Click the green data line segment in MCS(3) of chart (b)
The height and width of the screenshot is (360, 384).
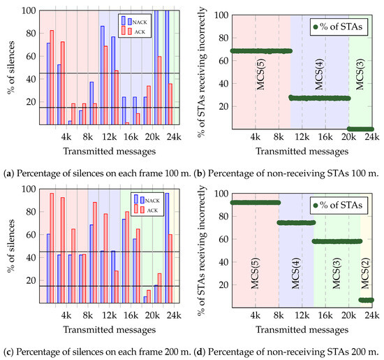361,129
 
